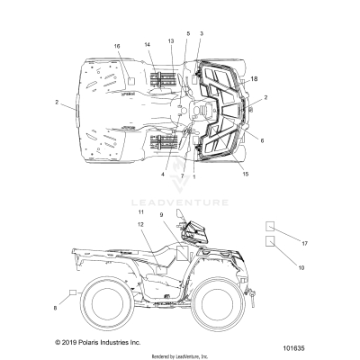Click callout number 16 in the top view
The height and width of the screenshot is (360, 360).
pyautogui.click(x=117, y=45)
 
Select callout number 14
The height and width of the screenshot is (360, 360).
pyautogui.click(x=147, y=44)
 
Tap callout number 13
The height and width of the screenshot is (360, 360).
pyautogui.click(x=170, y=40)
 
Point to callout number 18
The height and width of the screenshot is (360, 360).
pyautogui.click(x=255, y=80)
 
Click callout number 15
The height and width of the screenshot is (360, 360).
pyautogui.click(x=245, y=174)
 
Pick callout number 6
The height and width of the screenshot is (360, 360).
pyautogui.click(x=262, y=140)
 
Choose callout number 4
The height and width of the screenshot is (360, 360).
pyautogui.click(x=164, y=174)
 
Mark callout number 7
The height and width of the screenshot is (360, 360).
pyautogui.click(x=181, y=175)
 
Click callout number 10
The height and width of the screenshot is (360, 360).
pyautogui.click(x=301, y=267)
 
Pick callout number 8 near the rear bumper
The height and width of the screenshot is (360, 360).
pyautogui.click(x=56, y=309)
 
